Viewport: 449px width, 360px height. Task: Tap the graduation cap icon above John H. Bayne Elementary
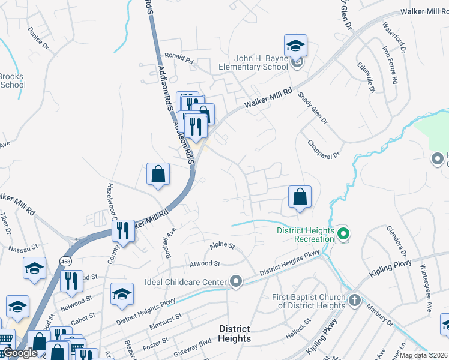point(295,46)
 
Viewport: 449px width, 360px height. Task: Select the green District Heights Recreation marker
point(343,234)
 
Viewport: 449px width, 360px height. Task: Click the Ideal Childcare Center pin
point(236,281)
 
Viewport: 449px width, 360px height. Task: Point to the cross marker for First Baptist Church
point(355,301)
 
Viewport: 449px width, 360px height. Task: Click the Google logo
point(20,353)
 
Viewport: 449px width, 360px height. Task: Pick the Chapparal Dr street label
point(323,149)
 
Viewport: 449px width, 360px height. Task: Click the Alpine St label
point(221,245)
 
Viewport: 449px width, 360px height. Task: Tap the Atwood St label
point(205,263)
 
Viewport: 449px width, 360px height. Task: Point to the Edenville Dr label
point(366,77)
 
